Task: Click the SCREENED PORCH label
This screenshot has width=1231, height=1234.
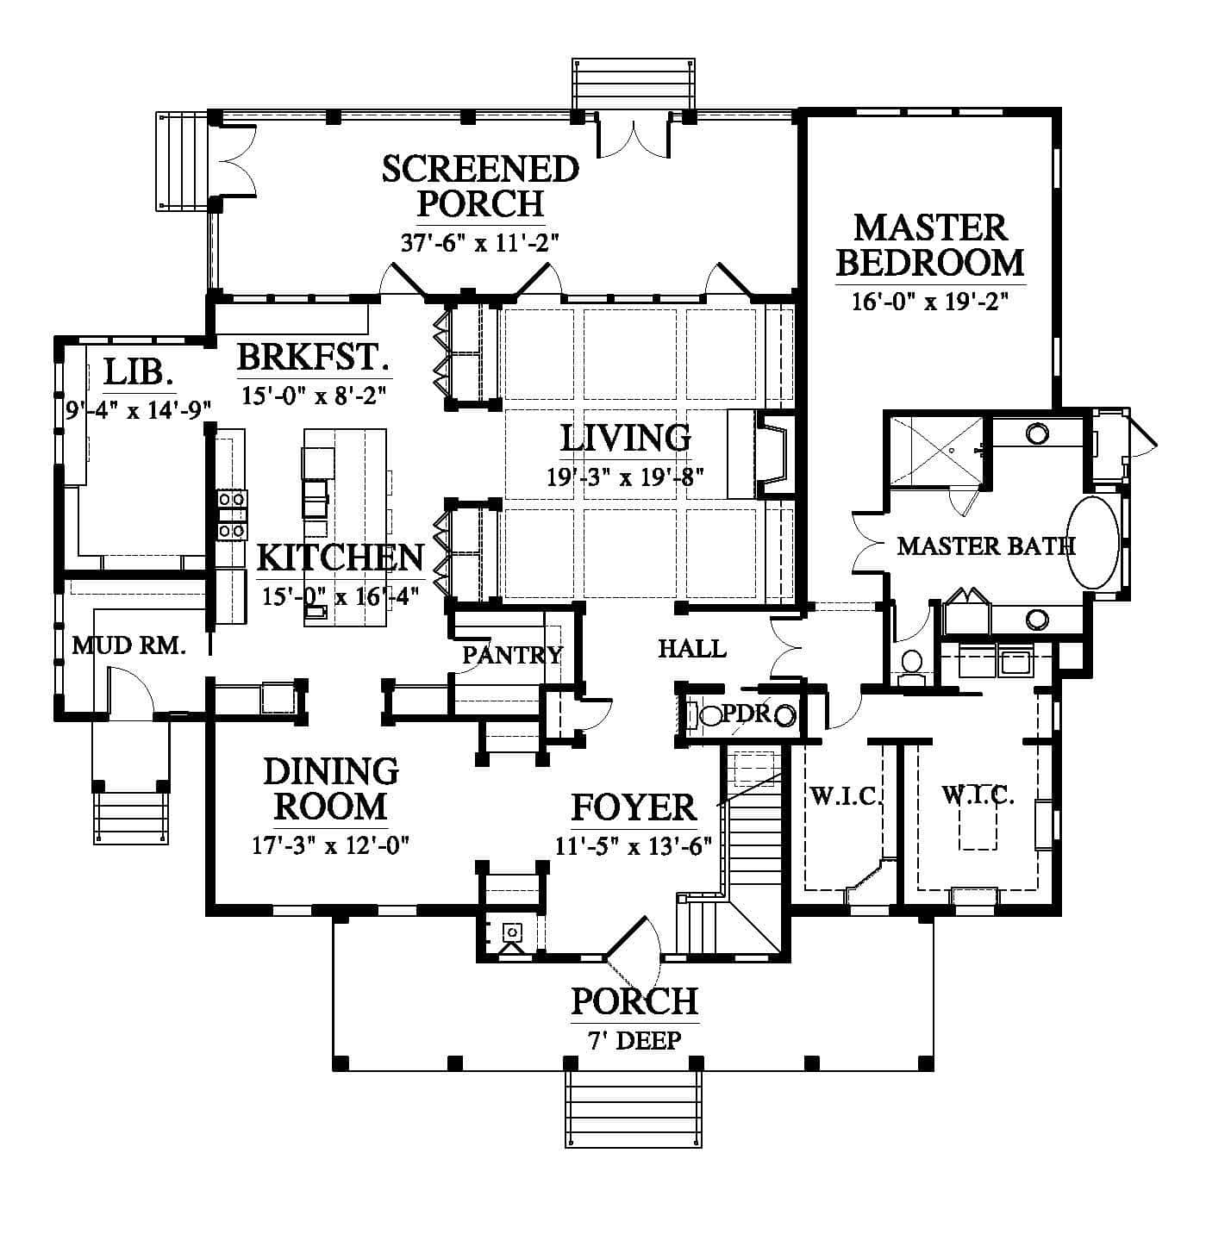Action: click(x=481, y=186)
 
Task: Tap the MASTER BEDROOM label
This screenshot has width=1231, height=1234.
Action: click(x=930, y=246)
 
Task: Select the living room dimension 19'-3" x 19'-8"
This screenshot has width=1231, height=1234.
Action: click(x=626, y=477)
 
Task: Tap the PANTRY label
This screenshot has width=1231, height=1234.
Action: click(x=512, y=655)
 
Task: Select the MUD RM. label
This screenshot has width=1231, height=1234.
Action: click(x=128, y=646)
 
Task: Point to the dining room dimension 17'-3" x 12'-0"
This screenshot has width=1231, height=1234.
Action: click(x=331, y=846)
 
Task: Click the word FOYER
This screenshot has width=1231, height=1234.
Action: click(x=634, y=807)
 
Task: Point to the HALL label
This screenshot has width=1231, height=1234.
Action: click(x=692, y=650)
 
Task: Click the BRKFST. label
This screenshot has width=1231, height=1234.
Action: click(x=314, y=357)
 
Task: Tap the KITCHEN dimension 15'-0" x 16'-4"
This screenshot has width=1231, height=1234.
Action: click(x=341, y=596)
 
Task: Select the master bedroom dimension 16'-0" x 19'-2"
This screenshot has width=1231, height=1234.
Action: click(x=930, y=301)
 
